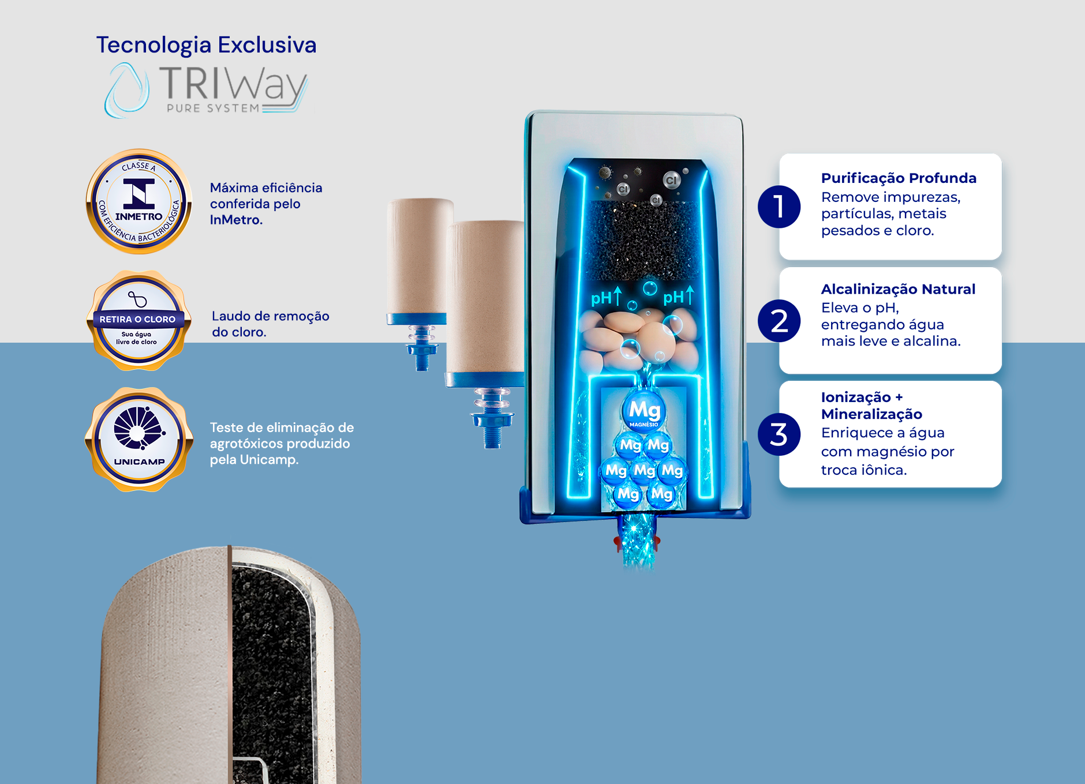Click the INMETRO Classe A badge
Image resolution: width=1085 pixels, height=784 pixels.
click(x=139, y=201)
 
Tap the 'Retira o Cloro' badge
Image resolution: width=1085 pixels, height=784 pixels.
click(x=138, y=321)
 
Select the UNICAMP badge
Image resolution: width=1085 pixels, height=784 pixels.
click(x=139, y=440)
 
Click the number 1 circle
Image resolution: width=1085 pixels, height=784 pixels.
click(x=779, y=207)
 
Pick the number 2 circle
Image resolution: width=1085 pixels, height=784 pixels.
click(x=779, y=321)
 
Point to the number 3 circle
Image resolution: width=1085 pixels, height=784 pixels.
click(x=779, y=434)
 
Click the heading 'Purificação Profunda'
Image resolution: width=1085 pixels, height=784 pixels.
click(x=899, y=178)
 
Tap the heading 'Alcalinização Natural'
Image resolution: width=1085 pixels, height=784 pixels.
click(x=898, y=289)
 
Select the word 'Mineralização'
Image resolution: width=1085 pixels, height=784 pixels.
click(x=871, y=414)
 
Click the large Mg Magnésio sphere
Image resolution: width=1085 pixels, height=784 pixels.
click(x=644, y=411)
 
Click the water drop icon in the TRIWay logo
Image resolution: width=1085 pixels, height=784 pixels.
click(x=126, y=91)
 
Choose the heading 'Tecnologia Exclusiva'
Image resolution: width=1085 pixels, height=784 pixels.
click(x=206, y=45)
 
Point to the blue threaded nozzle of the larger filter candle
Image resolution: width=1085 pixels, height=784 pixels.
click(x=492, y=418)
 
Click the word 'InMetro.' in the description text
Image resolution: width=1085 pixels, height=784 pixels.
click(x=236, y=220)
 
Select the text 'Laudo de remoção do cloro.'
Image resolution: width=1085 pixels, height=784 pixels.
click(x=270, y=324)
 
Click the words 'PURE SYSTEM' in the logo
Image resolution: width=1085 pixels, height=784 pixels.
click(x=213, y=108)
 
